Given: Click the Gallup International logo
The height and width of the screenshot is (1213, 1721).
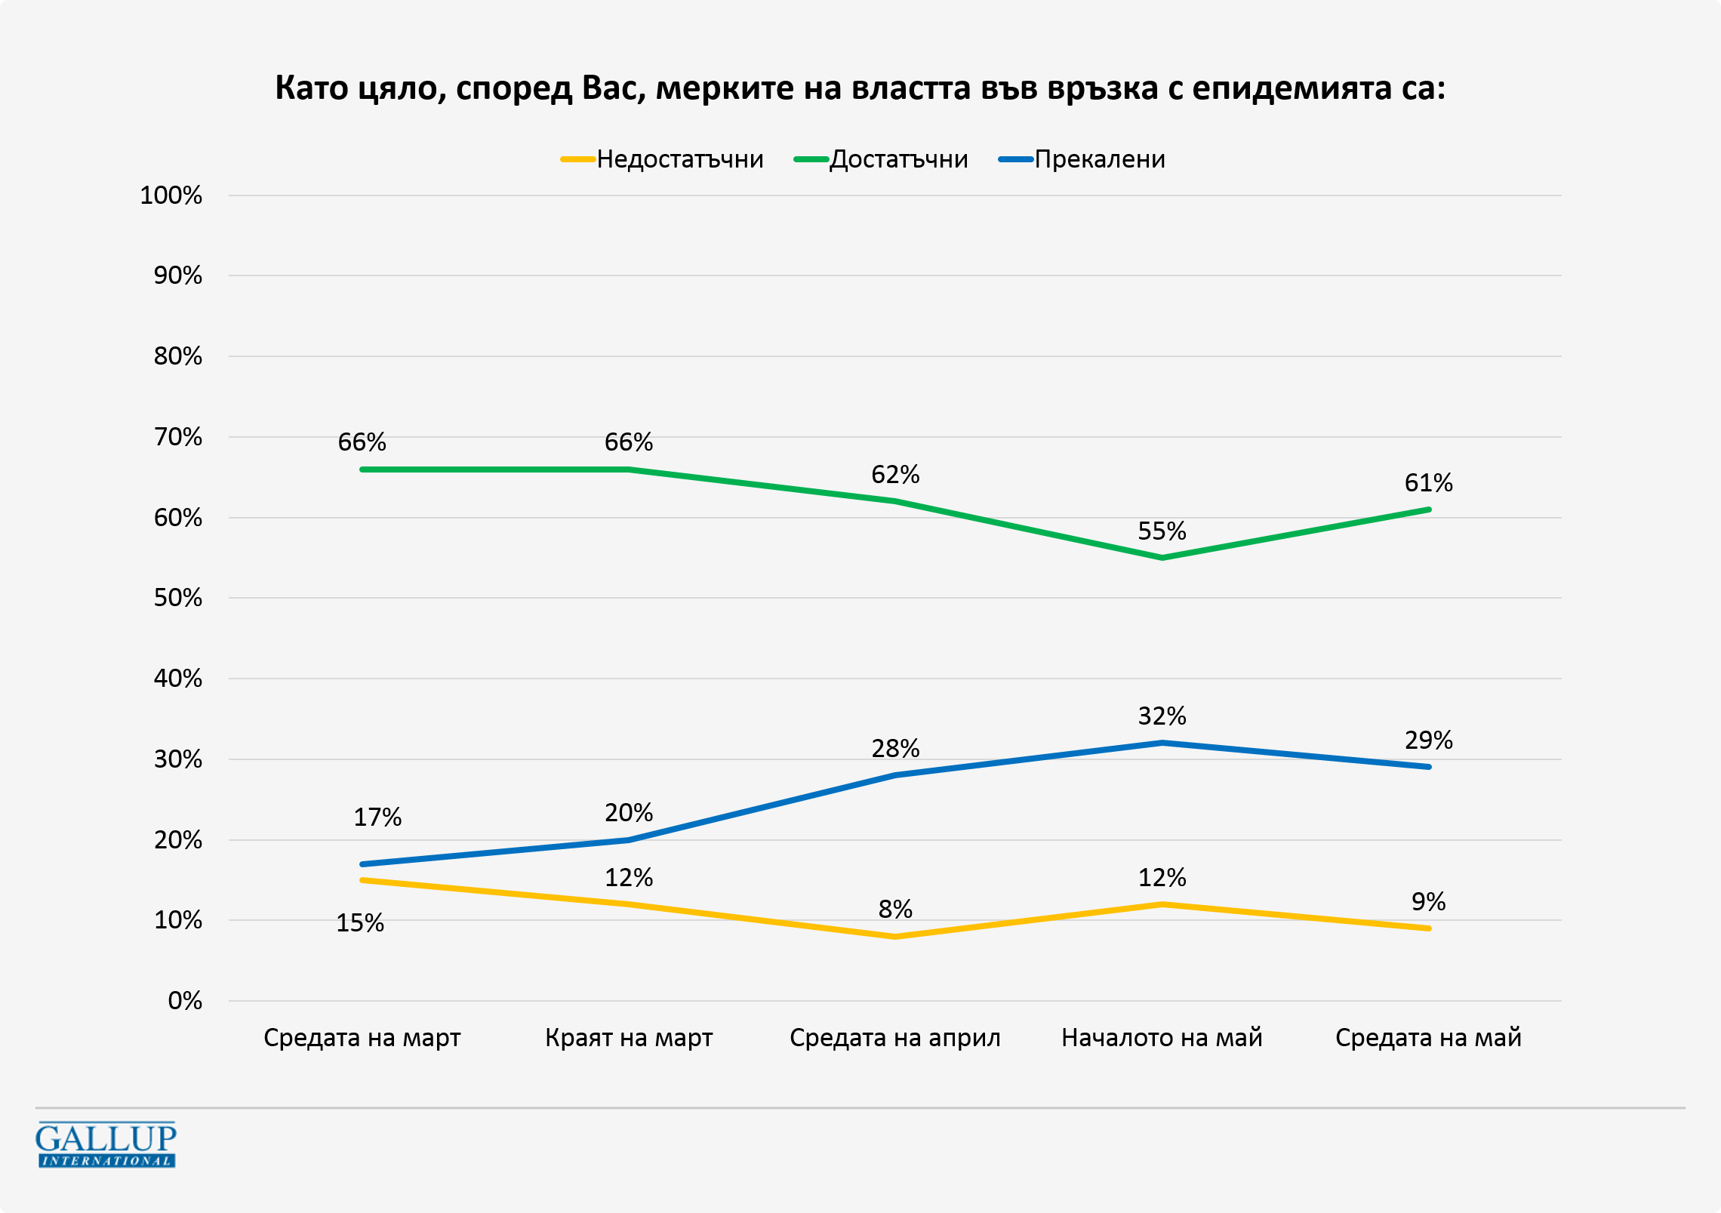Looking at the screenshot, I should pyautogui.click(x=106, y=1144).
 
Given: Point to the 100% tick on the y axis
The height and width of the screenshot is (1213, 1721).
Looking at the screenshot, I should pyautogui.click(x=171, y=195).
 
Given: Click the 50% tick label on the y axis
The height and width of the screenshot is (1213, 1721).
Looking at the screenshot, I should pyautogui.click(x=178, y=598).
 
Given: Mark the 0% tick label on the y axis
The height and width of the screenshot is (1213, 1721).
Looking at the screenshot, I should pyautogui.click(x=185, y=1001).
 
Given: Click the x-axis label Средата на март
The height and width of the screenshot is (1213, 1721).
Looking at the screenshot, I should pyautogui.click(x=362, y=1038).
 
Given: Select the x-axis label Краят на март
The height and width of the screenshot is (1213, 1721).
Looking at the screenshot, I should pyautogui.click(x=629, y=1038).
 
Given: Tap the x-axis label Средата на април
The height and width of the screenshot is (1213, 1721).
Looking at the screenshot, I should pyautogui.click(x=895, y=1038).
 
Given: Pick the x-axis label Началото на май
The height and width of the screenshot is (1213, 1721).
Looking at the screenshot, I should pyautogui.click(x=1162, y=1038).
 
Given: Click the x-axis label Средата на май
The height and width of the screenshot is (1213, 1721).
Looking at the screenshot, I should pyautogui.click(x=1428, y=1038).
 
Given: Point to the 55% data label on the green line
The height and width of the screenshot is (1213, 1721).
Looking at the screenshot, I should pyautogui.click(x=1162, y=531).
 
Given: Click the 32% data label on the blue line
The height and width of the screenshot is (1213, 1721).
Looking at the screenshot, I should pyautogui.click(x=1162, y=716).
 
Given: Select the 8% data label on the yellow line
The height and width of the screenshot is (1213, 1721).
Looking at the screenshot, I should pyautogui.click(x=895, y=910).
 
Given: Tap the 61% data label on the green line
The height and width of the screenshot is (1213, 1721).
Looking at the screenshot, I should pyautogui.click(x=1428, y=483).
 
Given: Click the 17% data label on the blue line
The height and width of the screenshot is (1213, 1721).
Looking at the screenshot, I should pyautogui.click(x=377, y=817).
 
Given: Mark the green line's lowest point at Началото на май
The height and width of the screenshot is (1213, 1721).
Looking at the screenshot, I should pyautogui.click(x=1162, y=558).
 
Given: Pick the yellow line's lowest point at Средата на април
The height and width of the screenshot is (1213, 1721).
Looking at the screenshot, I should pyautogui.click(x=895, y=937).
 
